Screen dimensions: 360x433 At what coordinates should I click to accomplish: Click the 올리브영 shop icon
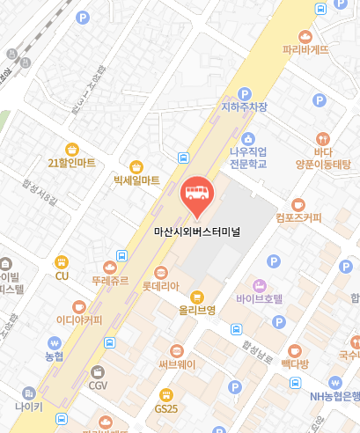coord(197,297)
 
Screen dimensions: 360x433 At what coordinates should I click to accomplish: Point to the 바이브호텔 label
coord(260,298)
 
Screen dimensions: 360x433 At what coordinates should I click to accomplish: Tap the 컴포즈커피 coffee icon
coord(298,204)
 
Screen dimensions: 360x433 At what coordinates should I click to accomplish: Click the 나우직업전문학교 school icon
coord(248,138)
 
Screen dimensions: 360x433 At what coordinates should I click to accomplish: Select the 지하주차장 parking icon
coord(245,93)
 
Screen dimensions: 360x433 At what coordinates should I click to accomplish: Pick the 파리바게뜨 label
coord(305,50)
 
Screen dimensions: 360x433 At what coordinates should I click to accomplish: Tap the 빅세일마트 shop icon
coord(136,165)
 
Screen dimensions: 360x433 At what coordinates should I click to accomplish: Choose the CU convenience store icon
coord(62,261)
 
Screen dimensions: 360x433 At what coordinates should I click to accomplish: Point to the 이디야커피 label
coord(79,319)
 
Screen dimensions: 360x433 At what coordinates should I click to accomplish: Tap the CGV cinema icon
coord(98,371)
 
